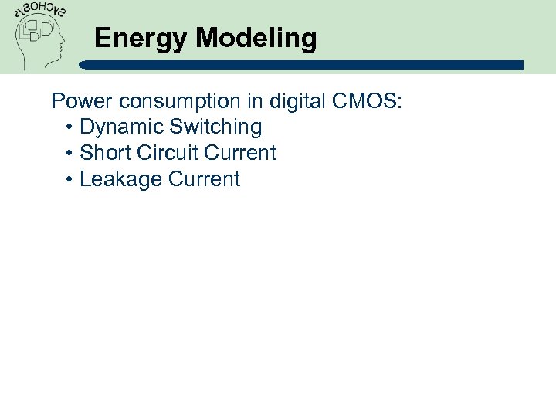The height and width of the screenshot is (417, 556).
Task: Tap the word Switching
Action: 221,127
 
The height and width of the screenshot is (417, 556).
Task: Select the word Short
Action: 106,153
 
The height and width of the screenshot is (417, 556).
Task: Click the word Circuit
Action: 168,153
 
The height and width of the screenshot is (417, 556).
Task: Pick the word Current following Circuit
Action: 240,153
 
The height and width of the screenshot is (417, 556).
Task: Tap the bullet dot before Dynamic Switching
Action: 69,127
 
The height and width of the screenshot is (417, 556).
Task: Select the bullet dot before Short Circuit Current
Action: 69,154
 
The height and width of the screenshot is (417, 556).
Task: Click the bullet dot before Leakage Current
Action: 69,180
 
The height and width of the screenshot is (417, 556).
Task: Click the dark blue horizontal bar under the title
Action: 309,65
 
